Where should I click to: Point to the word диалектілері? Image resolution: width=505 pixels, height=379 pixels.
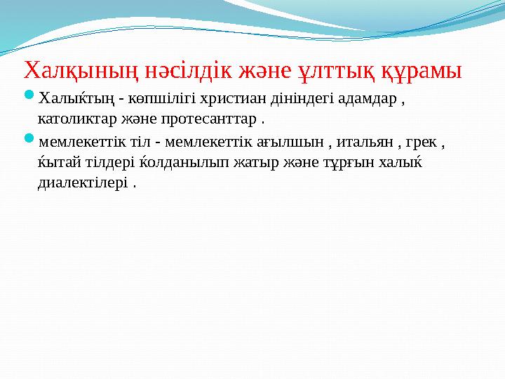click(x=82, y=182)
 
